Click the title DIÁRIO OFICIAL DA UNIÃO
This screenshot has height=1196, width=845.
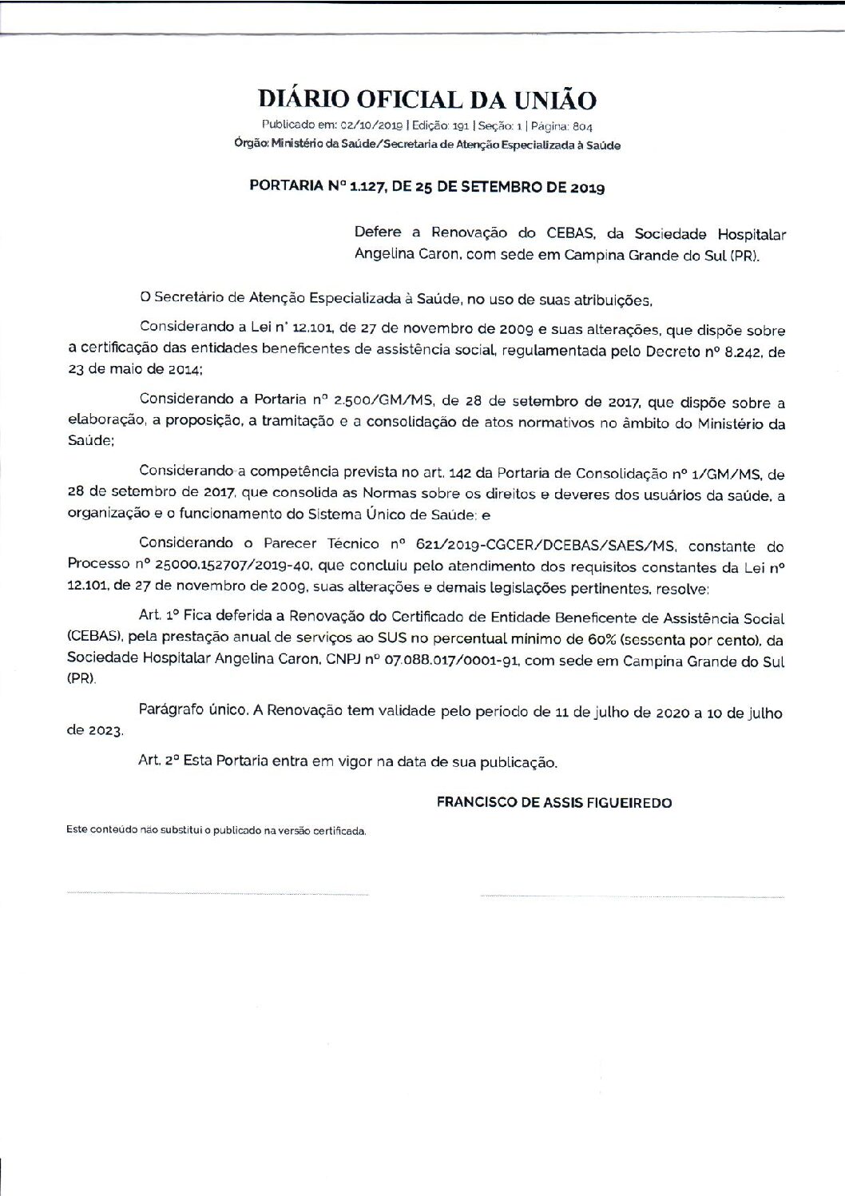[426, 99]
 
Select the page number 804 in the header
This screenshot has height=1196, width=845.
[581, 126]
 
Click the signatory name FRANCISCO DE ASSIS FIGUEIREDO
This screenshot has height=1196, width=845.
[554, 802]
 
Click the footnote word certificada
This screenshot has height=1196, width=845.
[343, 831]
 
